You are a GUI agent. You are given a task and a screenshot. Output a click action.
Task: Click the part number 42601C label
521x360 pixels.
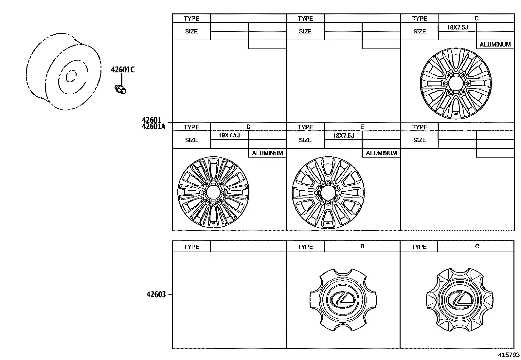123,70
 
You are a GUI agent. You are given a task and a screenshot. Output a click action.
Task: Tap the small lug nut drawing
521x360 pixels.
120,89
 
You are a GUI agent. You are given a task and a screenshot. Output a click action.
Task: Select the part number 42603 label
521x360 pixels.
156,294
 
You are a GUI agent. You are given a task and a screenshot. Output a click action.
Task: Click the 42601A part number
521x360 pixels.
153,126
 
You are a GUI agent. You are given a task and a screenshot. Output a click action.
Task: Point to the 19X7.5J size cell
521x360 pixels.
229,135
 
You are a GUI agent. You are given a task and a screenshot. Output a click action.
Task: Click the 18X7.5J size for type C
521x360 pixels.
458,27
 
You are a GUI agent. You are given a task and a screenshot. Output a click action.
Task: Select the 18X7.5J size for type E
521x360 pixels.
344,136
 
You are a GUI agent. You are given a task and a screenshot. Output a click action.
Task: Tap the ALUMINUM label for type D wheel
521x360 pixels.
267,153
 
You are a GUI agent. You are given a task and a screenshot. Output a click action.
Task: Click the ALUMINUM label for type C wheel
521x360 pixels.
495,45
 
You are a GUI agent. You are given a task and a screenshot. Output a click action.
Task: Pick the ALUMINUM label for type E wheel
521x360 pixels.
382,153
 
